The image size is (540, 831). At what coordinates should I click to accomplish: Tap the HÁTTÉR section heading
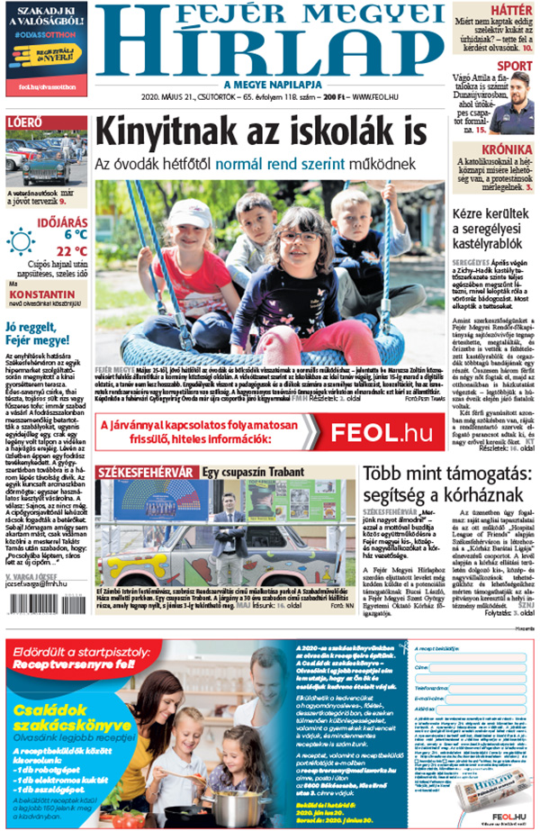(511, 10)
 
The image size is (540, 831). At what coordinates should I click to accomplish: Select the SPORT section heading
(514, 66)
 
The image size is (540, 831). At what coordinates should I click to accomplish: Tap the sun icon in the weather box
(20, 241)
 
